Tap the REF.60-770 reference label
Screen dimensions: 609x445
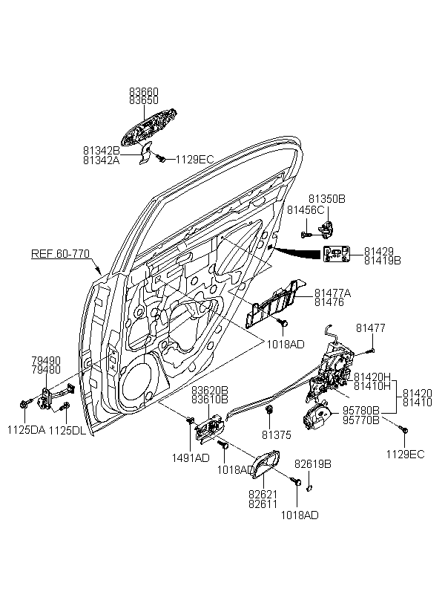(60, 254)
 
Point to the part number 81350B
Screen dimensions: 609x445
(327, 199)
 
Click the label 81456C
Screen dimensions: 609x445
(306, 210)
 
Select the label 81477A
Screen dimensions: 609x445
(332, 293)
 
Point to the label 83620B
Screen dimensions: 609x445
(210, 390)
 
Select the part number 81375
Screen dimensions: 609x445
(275, 434)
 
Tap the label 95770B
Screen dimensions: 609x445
(361, 420)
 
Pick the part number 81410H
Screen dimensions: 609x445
(372, 385)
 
